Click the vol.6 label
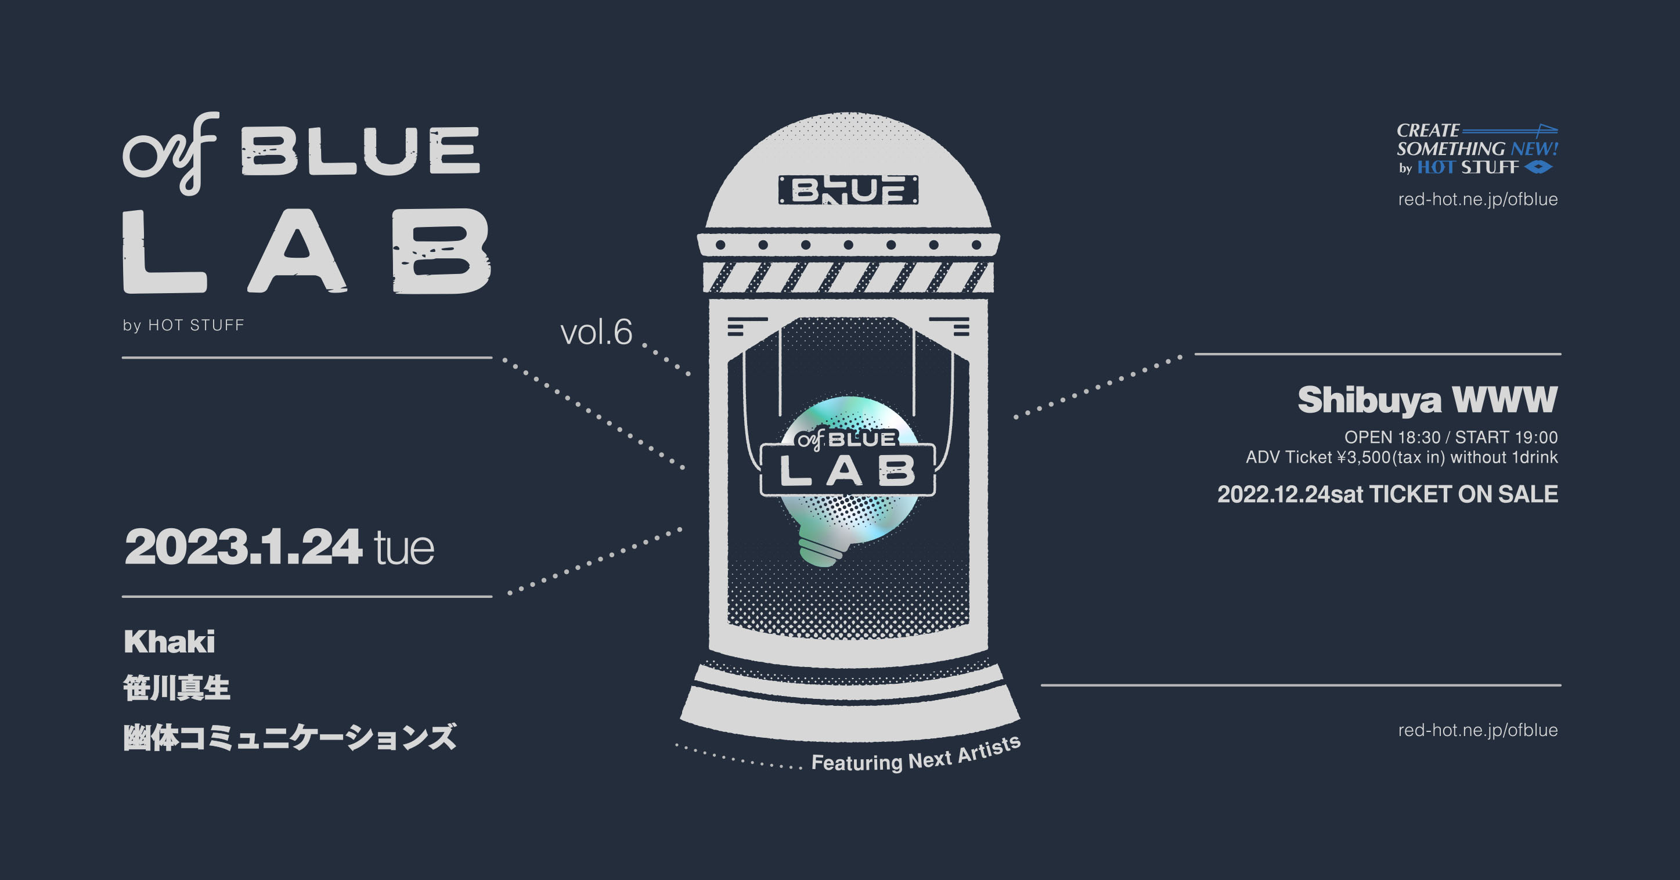[596, 332]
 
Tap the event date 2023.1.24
[243, 547]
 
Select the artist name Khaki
[170, 642]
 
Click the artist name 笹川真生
[176, 688]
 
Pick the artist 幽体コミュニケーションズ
[290, 737]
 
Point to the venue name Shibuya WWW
[1427, 400]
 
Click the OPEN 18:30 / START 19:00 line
[1451, 437]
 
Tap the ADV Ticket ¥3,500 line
[1401, 457]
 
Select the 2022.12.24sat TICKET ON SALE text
[1388, 495]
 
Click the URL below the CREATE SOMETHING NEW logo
[1478, 200]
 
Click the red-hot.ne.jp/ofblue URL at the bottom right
[1478, 731]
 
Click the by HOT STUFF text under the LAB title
[183, 325]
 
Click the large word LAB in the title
[307, 252]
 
